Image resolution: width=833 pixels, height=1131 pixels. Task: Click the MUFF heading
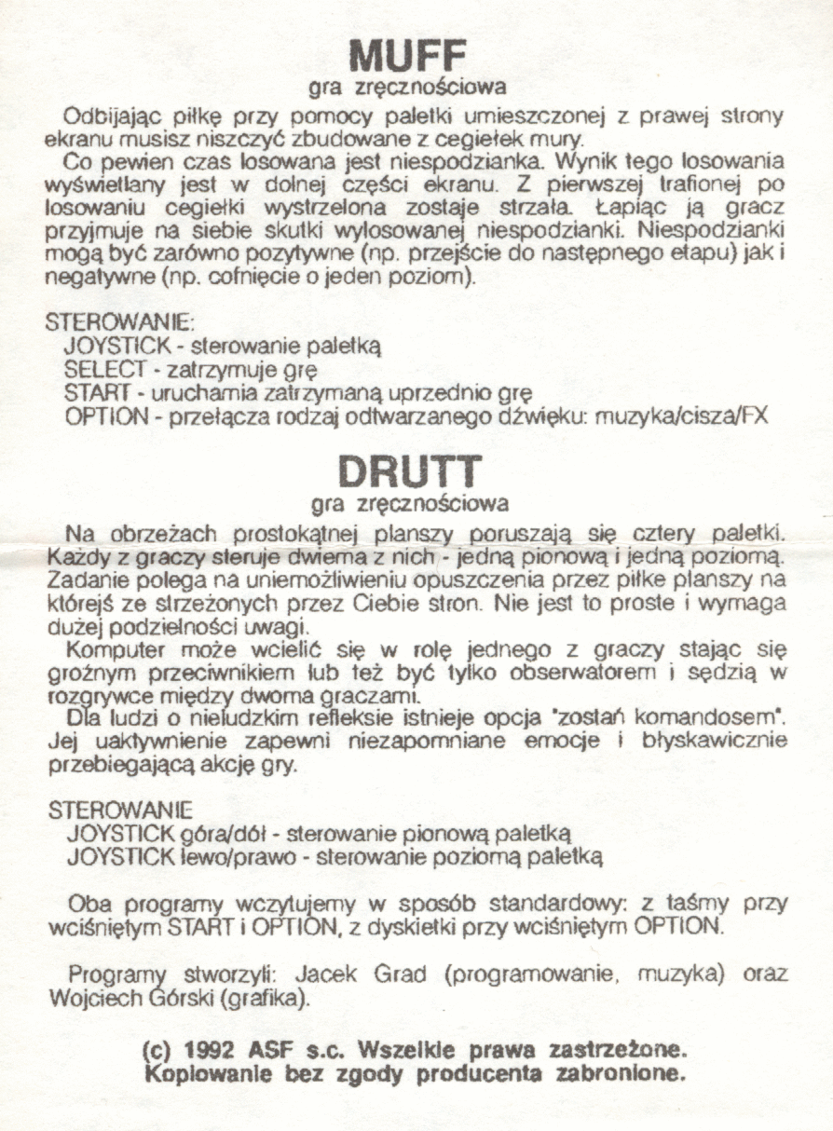(407, 56)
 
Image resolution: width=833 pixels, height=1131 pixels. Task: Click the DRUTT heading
(409, 471)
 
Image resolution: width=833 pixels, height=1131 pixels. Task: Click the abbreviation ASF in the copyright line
(264, 1049)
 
